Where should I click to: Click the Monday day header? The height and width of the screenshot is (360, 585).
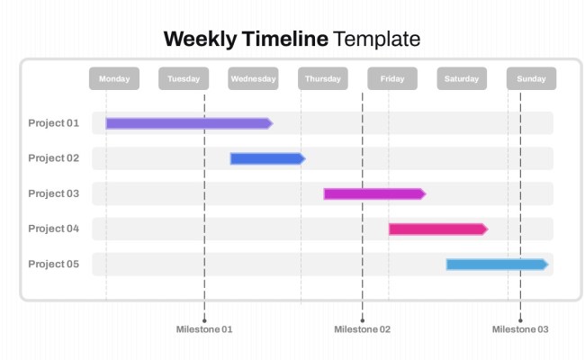pyautogui.click(x=114, y=79)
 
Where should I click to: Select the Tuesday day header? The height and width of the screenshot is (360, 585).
pyautogui.click(x=184, y=79)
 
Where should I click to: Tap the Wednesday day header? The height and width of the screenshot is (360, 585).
pyautogui.click(x=253, y=79)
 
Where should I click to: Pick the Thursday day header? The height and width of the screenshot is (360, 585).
pyautogui.click(x=323, y=79)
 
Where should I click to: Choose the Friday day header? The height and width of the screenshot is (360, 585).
pyautogui.click(x=392, y=79)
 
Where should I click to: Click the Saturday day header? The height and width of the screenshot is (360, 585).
pyautogui.click(x=462, y=79)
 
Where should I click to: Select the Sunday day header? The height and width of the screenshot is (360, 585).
pyautogui.click(x=531, y=79)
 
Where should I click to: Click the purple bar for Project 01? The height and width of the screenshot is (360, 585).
pyautogui.click(x=188, y=123)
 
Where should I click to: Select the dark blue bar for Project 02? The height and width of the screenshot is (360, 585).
pyautogui.click(x=266, y=158)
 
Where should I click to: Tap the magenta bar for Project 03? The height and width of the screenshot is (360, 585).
pyautogui.click(x=373, y=193)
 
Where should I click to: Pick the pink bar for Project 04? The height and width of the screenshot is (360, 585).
pyautogui.click(x=437, y=229)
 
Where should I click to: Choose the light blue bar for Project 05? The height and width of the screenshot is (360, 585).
pyautogui.click(x=497, y=265)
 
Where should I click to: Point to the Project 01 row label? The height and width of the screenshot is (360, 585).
pyautogui.click(x=54, y=123)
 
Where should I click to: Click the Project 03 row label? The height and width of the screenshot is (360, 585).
pyautogui.click(x=54, y=193)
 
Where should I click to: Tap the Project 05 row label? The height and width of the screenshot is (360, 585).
pyautogui.click(x=54, y=265)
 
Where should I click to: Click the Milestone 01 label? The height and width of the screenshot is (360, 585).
pyautogui.click(x=204, y=329)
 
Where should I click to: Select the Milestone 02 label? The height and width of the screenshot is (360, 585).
pyautogui.click(x=362, y=329)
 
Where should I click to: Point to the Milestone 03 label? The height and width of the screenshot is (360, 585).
pyautogui.click(x=520, y=329)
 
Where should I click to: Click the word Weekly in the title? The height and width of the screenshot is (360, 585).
pyautogui.click(x=200, y=39)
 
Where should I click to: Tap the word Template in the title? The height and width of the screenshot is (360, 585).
pyautogui.click(x=376, y=39)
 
